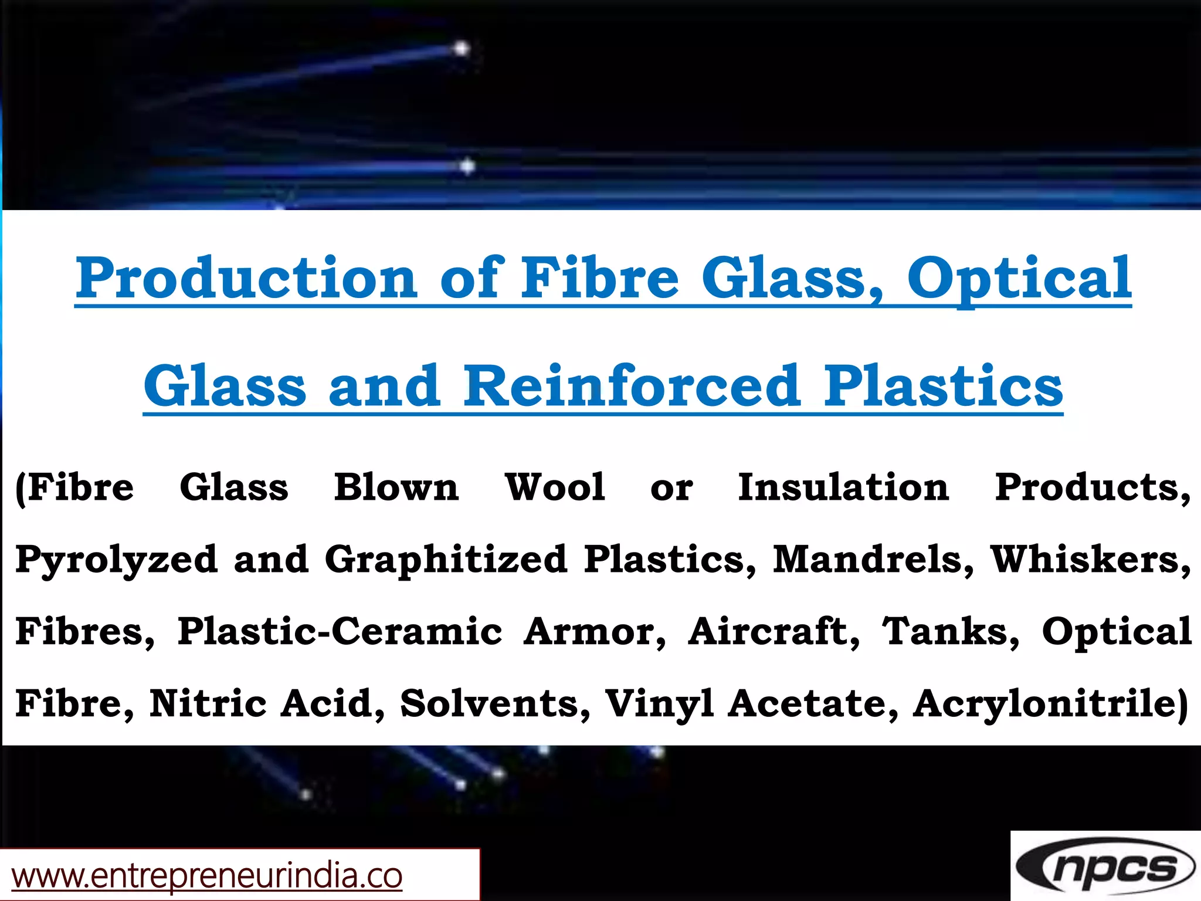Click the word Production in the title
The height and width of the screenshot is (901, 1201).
click(x=246, y=278)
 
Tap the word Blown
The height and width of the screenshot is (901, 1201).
click(x=396, y=487)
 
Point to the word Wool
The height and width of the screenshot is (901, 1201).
click(x=555, y=487)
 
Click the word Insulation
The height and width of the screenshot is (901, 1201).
click(x=843, y=487)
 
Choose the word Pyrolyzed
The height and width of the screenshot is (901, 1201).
click(x=116, y=560)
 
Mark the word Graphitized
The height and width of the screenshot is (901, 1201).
click(x=446, y=560)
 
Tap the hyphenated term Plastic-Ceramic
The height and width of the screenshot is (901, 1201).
click(x=340, y=631)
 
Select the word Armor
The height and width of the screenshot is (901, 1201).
click(x=595, y=631)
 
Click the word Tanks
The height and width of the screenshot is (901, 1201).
click(x=951, y=631)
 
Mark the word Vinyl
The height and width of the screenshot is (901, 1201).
click(x=659, y=704)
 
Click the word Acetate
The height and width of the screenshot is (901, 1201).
click(x=813, y=703)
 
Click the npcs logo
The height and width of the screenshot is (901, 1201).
click(x=1106, y=867)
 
